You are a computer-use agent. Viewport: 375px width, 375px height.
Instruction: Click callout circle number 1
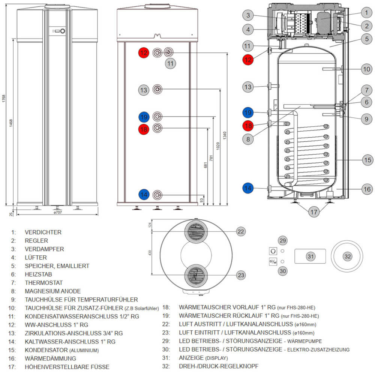(366, 12)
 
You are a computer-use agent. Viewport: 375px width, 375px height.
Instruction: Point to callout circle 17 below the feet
(314, 212)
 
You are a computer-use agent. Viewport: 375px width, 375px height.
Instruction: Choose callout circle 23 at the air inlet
(241, 275)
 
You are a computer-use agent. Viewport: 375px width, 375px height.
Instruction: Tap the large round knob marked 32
(348, 256)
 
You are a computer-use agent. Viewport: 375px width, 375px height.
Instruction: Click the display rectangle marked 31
(310, 256)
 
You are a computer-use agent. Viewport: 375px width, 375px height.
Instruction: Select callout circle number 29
(282, 240)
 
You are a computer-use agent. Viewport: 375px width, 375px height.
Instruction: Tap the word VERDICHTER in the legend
(43, 232)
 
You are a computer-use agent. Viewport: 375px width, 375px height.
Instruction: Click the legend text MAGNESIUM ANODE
(52, 291)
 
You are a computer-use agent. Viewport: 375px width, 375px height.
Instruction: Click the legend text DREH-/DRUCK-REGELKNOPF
(219, 366)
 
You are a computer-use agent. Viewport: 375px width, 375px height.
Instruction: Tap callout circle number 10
(366, 69)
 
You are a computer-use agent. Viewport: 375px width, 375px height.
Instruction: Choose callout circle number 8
(247, 139)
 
